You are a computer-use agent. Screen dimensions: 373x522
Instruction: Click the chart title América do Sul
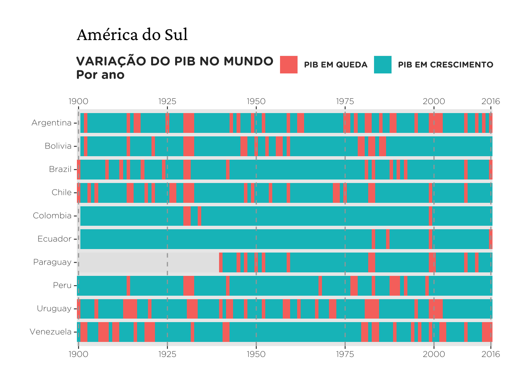pyautogui.click(x=132, y=35)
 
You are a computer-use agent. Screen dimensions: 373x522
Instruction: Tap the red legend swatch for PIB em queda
pyautogui.click(x=289, y=64)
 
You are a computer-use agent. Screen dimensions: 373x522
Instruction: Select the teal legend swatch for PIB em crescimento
pyautogui.click(x=383, y=64)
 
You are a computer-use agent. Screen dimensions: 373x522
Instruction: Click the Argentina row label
pyautogui.click(x=52, y=123)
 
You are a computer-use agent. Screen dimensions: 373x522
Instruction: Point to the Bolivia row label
pyautogui.click(x=58, y=146)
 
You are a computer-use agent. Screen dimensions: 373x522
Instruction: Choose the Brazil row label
pyautogui.click(x=60, y=169)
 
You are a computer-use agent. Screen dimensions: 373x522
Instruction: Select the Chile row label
pyautogui.click(x=61, y=192)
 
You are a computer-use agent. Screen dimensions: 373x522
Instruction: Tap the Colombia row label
pyautogui.click(x=52, y=216)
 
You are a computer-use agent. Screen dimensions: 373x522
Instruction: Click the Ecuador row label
pyautogui.click(x=54, y=239)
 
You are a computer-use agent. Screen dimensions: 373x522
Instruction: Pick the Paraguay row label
pyautogui.click(x=52, y=262)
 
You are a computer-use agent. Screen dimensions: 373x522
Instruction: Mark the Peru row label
pyautogui.click(x=62, y=286)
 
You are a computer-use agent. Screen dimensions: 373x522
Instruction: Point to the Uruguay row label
pyautogui.click(x=54, y=309)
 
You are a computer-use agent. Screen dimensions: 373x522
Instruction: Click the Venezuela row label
pyautogui.click(x=50, y=332)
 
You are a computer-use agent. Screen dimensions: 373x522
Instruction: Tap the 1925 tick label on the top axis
pyautogui.click(x=167, y=101)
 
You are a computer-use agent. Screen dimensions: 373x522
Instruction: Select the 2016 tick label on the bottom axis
pyautogui.click(x=491, y=354)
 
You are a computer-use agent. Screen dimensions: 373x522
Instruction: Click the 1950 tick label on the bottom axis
pyautogui.click(x=256, y=354)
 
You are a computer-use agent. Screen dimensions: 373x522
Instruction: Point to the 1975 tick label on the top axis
pyautogui.click(x=345, y=101)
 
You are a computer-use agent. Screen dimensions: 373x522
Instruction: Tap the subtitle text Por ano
pyautogui.click(x=100, y=75)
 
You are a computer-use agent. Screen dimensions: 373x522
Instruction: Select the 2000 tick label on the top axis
pyautogui.click(x=434, y=101)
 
